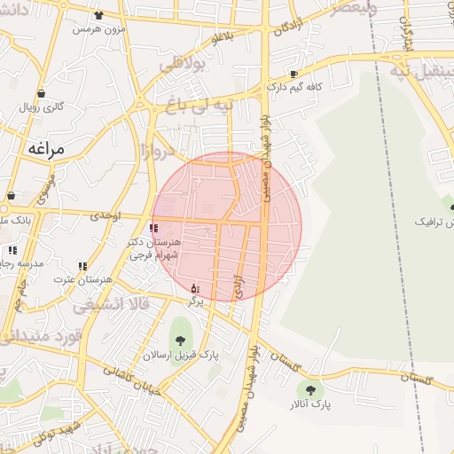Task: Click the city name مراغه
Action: point(47,149)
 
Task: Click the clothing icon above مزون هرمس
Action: point(98,15)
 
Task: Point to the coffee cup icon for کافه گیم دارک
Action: point(294,74)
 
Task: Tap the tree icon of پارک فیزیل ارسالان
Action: point(181,340)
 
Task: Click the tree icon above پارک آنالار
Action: point(311,389)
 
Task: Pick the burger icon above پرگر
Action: point(195,288)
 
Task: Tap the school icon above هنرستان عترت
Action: point(82,265)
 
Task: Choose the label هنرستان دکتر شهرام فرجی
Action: point(154,248)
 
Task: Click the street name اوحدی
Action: point(105,215)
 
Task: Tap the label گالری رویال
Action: point(42,107)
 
